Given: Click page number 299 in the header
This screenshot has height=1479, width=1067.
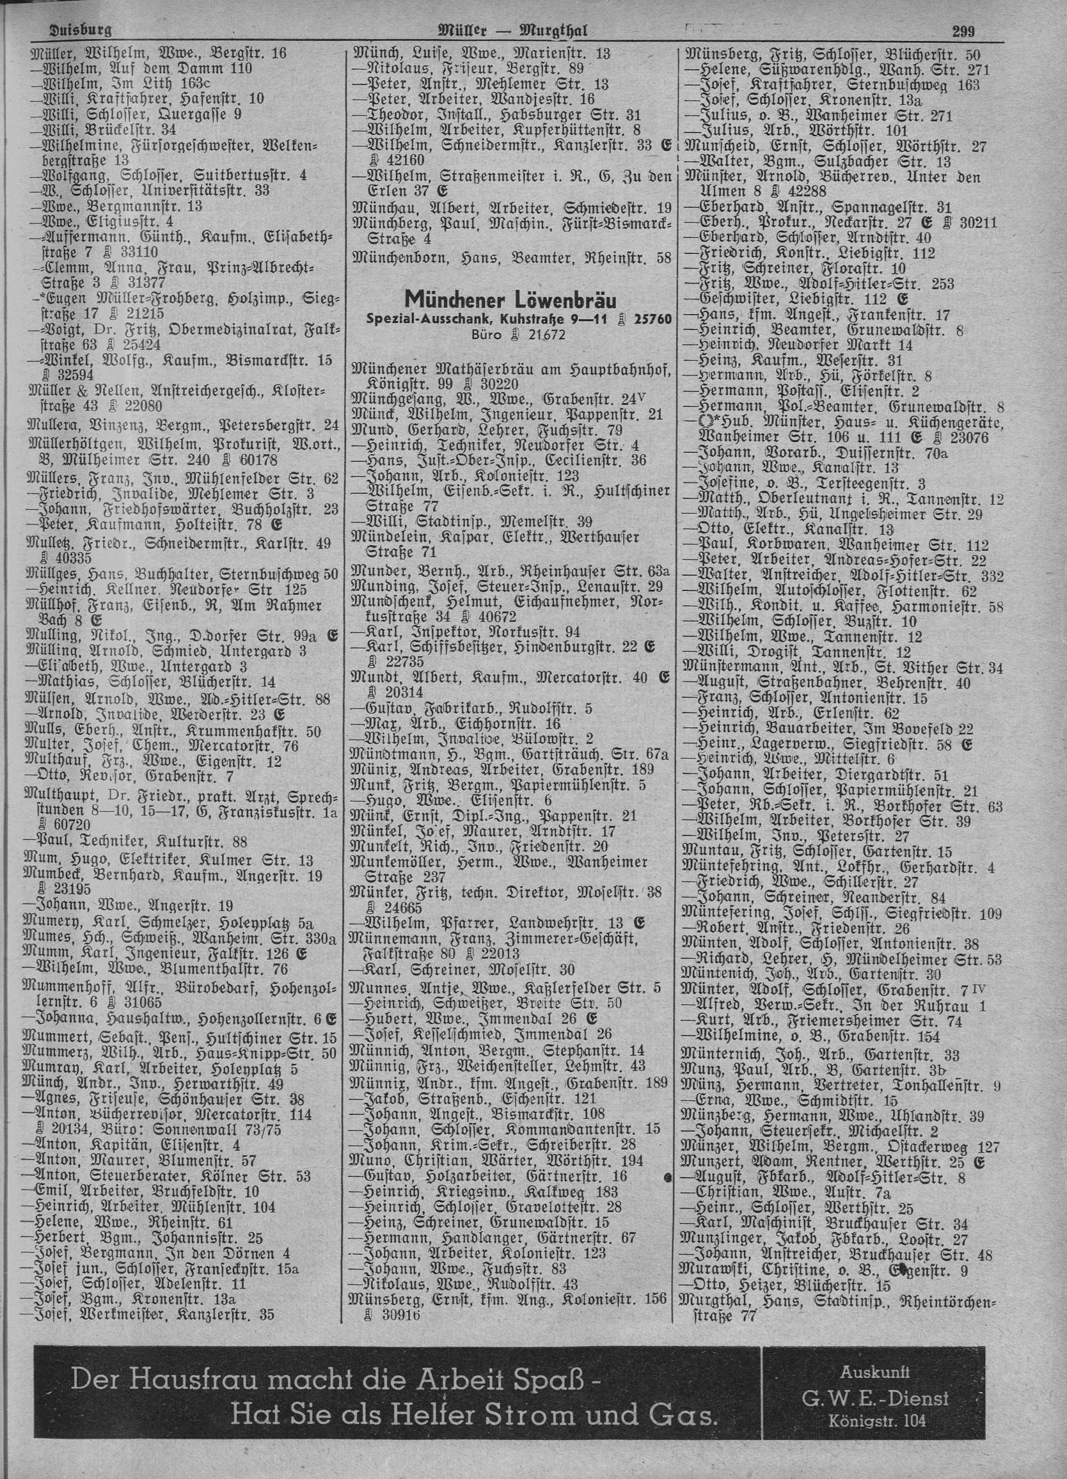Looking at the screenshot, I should pyautogui.click(x=963, y=31).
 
